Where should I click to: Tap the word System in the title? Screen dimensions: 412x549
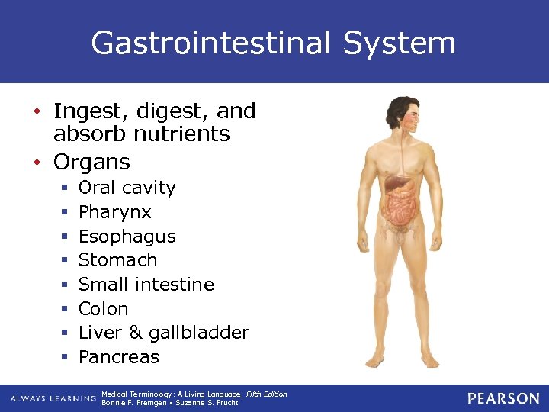tap(399, 43)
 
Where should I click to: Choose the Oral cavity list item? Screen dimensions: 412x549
tap(127, 188)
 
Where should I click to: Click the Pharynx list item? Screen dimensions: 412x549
tap(115, 211)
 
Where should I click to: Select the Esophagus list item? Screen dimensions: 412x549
tap(127, 237)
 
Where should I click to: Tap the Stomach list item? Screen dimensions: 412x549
tap(117, 260)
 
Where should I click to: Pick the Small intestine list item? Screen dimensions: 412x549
tap(146, 285)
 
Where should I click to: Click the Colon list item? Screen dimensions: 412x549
tap(103, 309)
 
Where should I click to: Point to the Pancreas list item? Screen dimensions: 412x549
tap(118, 357)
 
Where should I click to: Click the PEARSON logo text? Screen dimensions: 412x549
tap(502, 398)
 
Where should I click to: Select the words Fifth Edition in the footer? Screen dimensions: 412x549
tap(266, 394)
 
